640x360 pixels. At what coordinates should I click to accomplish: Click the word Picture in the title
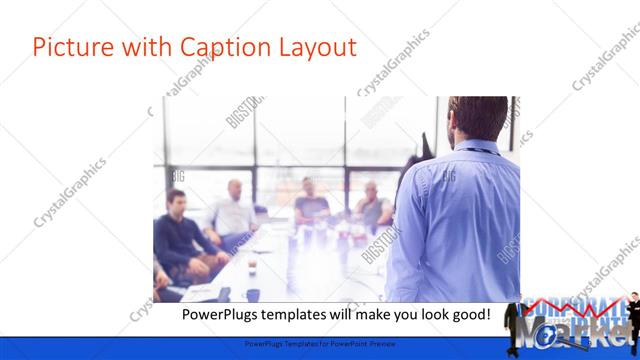67,47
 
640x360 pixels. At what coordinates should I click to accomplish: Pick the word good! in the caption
469,315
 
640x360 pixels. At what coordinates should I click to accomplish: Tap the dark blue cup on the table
252,295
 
